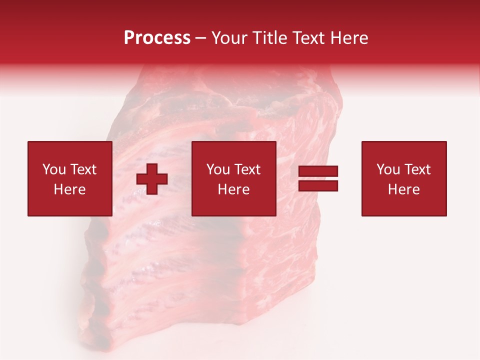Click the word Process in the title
[157, 38]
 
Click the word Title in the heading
[269, 38]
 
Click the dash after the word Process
[200, 38]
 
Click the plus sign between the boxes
[152, 179]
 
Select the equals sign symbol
[318, 178]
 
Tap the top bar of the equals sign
[318, 171]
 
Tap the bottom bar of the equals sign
[318, 185]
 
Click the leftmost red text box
[69, 178]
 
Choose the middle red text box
[233, 178]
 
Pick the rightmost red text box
[403, 178]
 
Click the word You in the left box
[53, 169]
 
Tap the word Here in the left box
[69, 189]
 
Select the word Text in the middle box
[248, 169]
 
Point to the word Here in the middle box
[233, 189]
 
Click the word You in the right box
[387, 169]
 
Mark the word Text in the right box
[418, 169]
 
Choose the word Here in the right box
[403, 189]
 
